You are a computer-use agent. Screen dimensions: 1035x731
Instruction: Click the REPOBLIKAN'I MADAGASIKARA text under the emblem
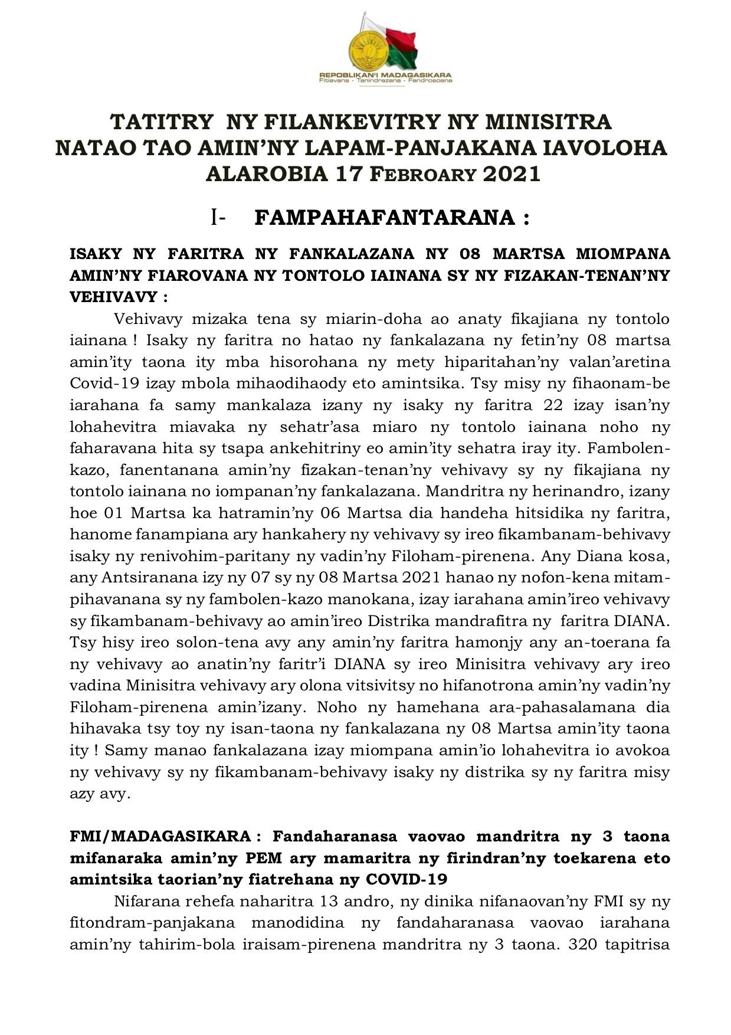coord(385,76)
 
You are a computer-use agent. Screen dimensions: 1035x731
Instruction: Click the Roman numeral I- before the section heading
coord(218,218)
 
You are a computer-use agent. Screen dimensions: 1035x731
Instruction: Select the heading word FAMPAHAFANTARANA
coord(385,218)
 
